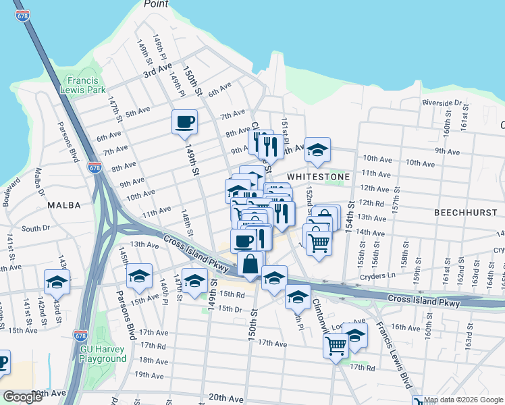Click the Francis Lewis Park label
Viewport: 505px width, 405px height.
[83, 84]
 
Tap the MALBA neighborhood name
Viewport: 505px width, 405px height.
[64, 205]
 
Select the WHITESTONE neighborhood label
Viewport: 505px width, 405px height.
[318, 176]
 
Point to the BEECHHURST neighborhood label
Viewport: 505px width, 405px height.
[465, 212]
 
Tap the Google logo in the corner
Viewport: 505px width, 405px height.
[22, 397]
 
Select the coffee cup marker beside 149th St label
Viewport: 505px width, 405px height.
[184, 122]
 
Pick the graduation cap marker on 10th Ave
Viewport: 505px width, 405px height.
[317, 150]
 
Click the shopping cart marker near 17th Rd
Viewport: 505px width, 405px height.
[336, 346]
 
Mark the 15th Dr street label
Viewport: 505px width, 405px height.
[231, 309]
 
